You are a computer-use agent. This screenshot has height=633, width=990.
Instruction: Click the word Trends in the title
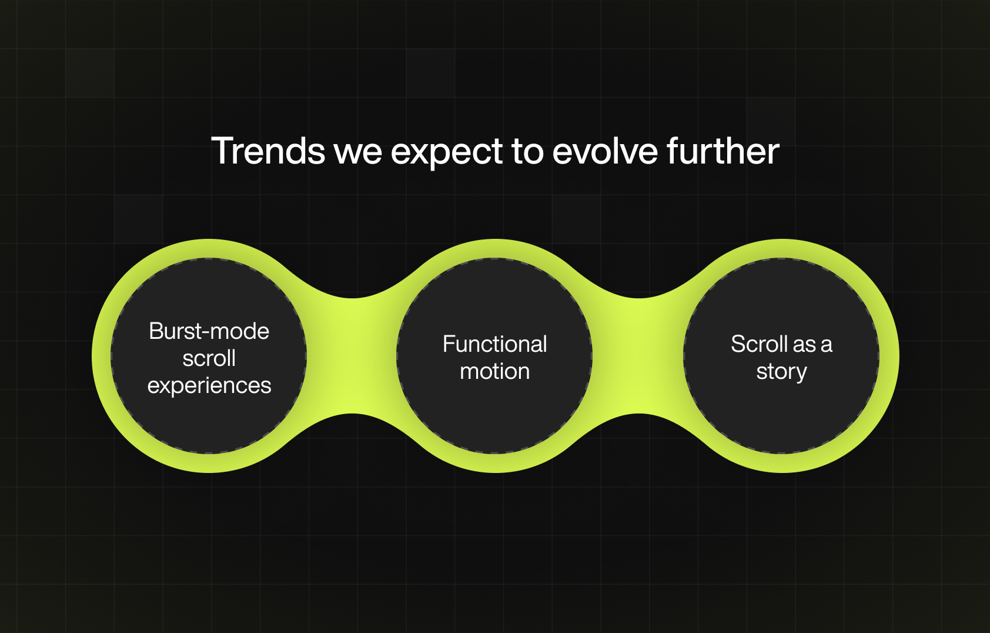point(268,151)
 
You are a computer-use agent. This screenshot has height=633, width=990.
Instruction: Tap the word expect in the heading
point(447,153)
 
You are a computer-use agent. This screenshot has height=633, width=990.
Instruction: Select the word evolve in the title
point(605,151)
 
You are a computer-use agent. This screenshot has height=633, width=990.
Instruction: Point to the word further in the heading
point(724,151)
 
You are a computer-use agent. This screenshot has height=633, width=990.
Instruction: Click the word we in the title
point(358,153)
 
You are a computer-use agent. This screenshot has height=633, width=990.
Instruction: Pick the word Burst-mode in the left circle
point(209,331)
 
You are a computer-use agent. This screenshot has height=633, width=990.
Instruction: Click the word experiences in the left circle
point(209,386)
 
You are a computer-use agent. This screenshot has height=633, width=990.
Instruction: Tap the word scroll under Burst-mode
point(209,358)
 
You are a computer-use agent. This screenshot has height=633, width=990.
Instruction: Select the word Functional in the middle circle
point(495,344)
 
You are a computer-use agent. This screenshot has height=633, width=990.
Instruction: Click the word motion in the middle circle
point(495,371)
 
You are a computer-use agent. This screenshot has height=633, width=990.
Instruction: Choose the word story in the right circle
point(781,372)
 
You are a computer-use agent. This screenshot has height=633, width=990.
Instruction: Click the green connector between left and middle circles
point(352,356)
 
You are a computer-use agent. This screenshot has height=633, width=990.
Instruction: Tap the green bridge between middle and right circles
point(638,356)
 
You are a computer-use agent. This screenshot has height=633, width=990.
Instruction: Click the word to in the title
point(528,152)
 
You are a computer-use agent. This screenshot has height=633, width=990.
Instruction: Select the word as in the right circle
point(804,346)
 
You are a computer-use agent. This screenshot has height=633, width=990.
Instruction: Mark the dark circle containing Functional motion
point(495,356)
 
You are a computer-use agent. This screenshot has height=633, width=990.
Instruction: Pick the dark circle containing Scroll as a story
point(781,356)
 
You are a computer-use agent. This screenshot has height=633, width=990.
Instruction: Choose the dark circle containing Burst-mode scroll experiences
point(209,356)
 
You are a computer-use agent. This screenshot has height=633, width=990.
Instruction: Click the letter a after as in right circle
point(827,346)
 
